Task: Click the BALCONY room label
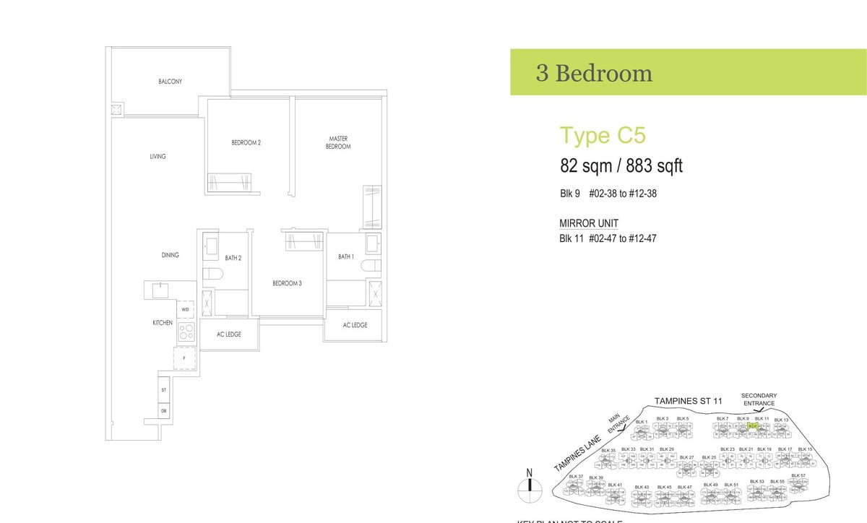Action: (171, 82)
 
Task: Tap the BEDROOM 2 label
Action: (246, 143)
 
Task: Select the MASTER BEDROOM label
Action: (338, 142)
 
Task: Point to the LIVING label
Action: (158, 156)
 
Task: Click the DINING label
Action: (170, 255)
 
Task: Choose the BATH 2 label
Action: (233, 258)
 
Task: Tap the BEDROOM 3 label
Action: (287, 283)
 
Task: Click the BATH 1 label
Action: (346, 256)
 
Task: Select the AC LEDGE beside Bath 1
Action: (355, 325)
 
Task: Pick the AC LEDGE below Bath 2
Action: (229, 334)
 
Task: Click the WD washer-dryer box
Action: (186, 310)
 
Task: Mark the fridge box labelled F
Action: (184, 358)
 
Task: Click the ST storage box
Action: (164, 389)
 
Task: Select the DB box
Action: (164, 411)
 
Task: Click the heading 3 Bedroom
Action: (594, 73)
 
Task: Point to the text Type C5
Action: (603, 136)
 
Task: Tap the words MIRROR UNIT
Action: (589, 223)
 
